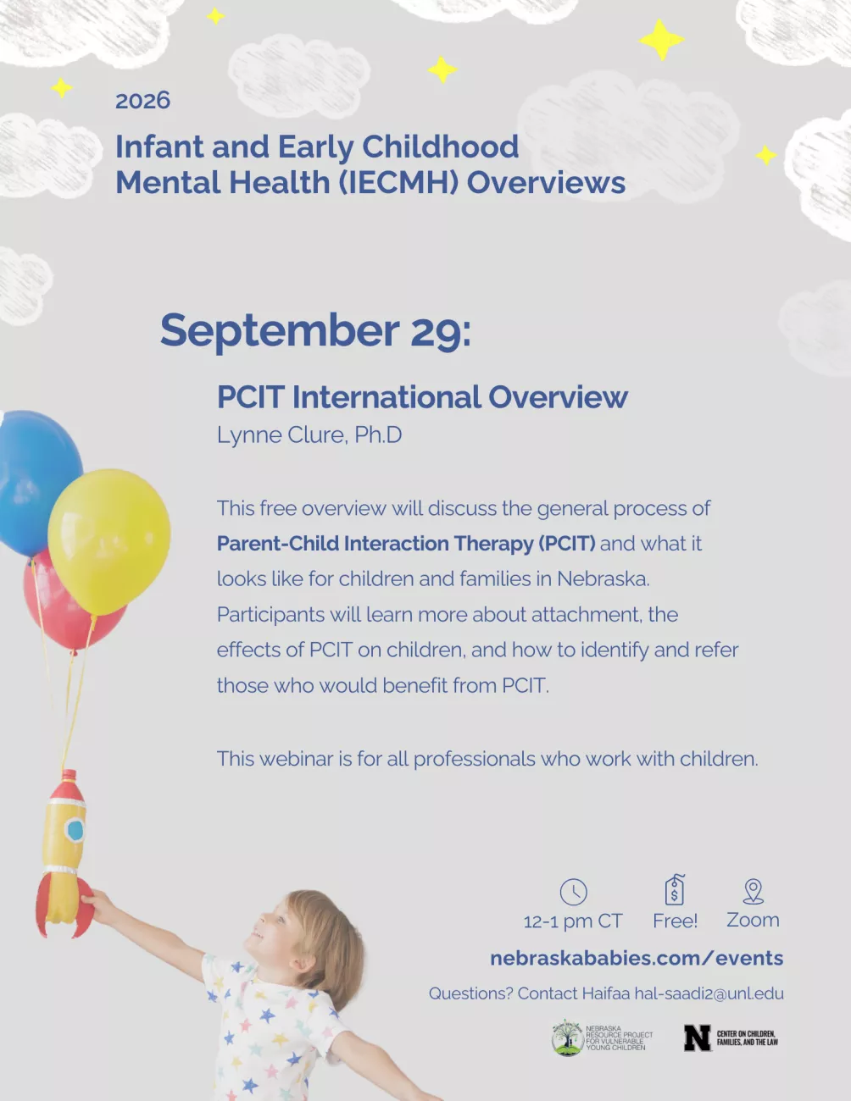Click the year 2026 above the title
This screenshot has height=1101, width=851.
tap(142, 100)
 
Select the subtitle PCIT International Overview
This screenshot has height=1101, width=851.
tap(422, 396)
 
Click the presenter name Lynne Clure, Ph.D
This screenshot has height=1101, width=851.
tap(309, 434)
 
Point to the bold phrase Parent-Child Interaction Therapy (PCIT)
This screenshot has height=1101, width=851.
tap(406, 544)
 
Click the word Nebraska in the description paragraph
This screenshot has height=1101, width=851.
tap(603, 578)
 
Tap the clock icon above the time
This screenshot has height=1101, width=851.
tap(573, 892)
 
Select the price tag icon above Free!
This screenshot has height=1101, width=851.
tap(675, 890)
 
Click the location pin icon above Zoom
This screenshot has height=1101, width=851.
tap(754, 891)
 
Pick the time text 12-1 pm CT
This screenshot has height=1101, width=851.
tap(573, 921)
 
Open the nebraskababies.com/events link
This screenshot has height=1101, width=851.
tap(637, 958)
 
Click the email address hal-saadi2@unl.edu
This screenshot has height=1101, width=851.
tap(709, 993)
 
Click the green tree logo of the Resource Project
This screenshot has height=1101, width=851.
tap(567, 1037)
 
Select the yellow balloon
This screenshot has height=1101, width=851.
tap(108, 541)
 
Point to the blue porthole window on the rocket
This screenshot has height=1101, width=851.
tap(75, 830)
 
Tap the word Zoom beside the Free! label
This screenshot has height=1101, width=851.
tap(754, 920)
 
